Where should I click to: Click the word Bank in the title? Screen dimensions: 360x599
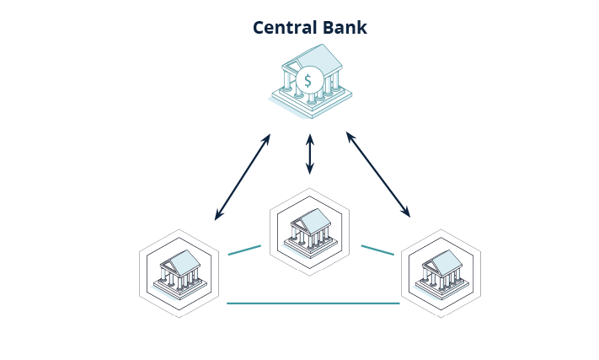coord(345,28)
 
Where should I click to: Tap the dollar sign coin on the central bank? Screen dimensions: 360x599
coord(308,81)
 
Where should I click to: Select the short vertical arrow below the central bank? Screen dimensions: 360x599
coord(310,153)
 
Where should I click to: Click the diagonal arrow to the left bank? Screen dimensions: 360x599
coord(243,176)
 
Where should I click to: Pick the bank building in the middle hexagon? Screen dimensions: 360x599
coord(309,229)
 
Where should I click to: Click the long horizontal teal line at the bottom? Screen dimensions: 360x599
coord(313,303)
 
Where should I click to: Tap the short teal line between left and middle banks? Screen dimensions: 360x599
coord(244,250)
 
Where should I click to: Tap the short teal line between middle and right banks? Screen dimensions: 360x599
coord(377,250)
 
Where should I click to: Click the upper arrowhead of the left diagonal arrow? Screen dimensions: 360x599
coord(267,137)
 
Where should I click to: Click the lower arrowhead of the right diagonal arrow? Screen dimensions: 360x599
coord(408,214)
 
